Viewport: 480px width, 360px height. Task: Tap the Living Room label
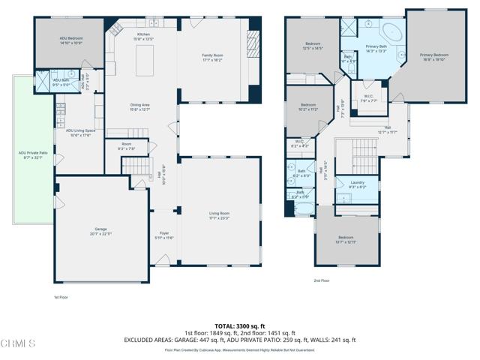tap(218, 216)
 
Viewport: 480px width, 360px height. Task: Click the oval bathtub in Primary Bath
tap(392, 32)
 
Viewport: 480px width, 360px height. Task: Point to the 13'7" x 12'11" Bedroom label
tap(346, 240)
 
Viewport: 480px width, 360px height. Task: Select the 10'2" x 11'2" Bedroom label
tap(309, 106)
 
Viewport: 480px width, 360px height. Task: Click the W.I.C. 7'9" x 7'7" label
tap(369, 97)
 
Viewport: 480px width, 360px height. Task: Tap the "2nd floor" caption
tap(322, 281)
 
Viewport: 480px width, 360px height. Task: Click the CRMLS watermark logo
tap(18, 344)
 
